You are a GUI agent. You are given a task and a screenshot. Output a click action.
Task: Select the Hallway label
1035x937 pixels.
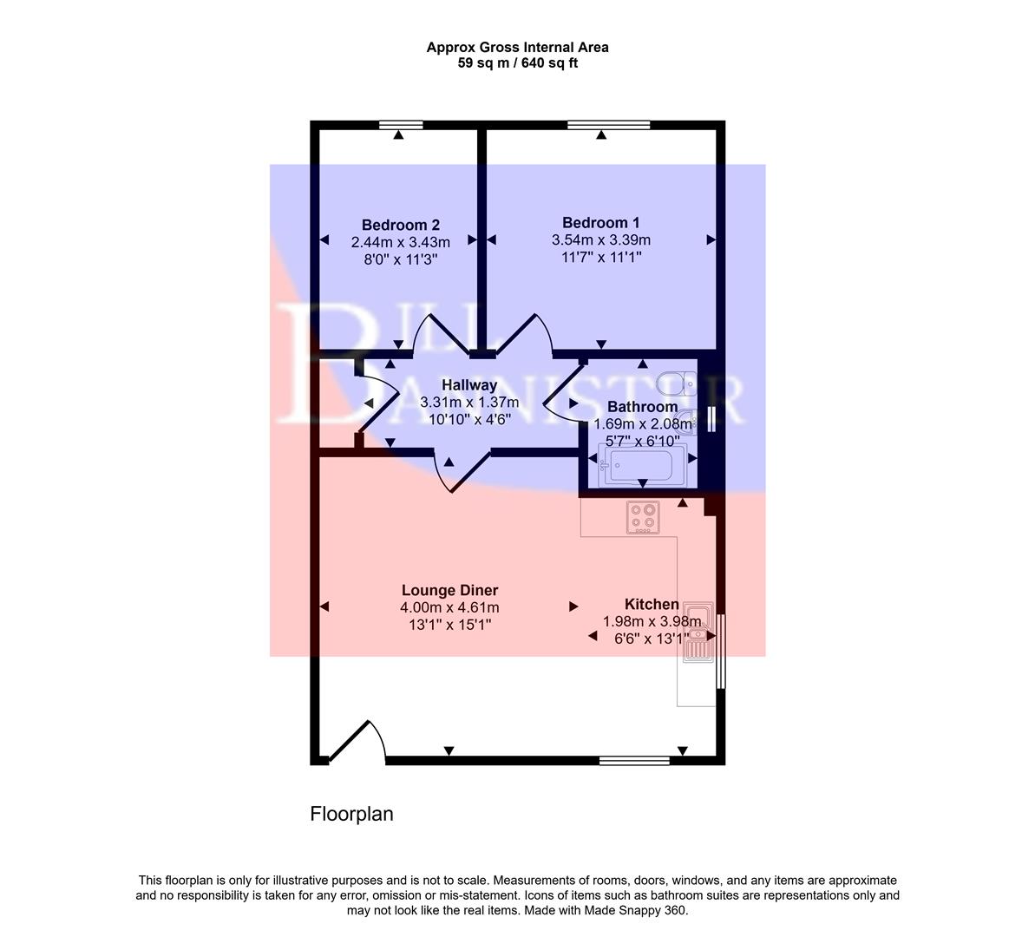[469, 385]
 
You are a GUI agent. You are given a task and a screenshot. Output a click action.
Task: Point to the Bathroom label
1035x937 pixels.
[642, 407]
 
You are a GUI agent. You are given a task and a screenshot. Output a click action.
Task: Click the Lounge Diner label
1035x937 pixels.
[449, 591]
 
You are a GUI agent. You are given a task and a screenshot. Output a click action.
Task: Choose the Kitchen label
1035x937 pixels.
[652, 605]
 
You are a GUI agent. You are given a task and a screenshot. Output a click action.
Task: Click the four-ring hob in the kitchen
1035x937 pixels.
[643, 517]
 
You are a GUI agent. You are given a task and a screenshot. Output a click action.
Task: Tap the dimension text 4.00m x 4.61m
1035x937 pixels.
[449, 608]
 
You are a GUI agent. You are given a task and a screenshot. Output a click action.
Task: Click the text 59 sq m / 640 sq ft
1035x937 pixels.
[517, 62]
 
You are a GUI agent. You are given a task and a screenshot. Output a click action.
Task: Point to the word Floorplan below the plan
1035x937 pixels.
[351, 814]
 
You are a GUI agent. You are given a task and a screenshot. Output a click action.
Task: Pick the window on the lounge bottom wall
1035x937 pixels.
[634, 761]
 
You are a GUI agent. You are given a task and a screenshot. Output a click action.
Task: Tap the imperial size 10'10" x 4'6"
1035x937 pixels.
[469, 418]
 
